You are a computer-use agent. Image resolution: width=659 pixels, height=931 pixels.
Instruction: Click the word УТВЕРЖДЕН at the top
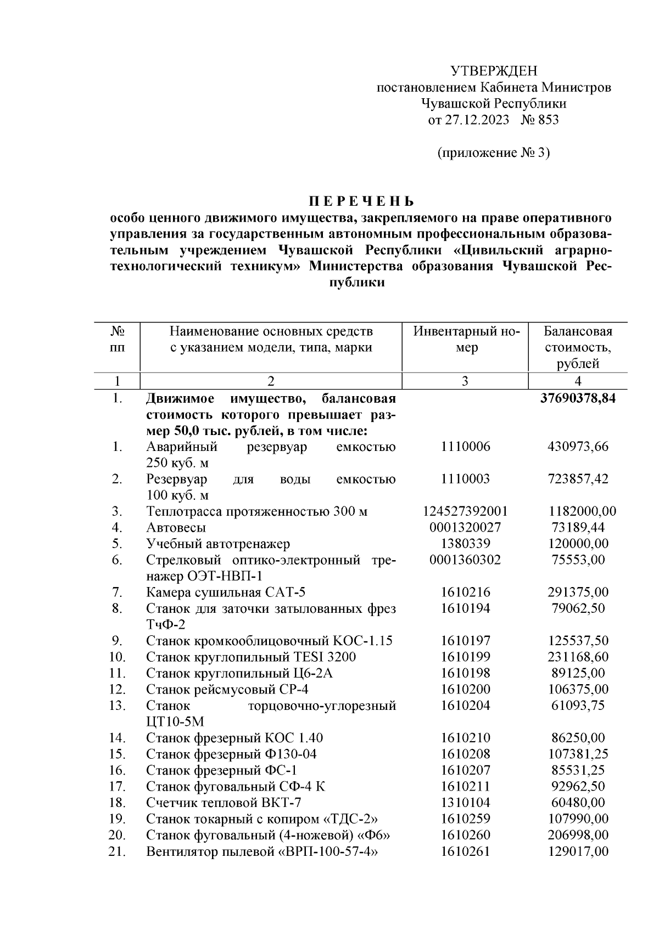493,71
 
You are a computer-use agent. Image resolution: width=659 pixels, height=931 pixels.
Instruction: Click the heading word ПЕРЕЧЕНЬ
361,201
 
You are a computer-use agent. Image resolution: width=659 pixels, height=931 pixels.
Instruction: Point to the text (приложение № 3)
493,153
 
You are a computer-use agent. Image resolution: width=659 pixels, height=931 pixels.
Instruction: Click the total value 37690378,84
578,398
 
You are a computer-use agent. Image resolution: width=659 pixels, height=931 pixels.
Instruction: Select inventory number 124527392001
465,511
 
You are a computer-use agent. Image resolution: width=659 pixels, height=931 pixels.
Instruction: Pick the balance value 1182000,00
582,511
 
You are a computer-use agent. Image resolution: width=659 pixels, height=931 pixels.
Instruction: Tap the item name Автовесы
176,528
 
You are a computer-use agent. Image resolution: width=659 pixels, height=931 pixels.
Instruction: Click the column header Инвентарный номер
466,339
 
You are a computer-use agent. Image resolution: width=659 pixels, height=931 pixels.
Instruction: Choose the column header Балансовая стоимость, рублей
577,347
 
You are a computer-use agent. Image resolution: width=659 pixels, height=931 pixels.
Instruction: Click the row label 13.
117,706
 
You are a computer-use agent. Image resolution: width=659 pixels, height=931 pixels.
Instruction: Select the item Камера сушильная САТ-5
225,593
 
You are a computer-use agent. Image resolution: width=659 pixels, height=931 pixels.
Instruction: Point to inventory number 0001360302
465,560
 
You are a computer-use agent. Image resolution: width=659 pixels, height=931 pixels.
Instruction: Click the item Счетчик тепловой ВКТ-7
224,803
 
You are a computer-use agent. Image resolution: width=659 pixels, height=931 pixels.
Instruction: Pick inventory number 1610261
465,851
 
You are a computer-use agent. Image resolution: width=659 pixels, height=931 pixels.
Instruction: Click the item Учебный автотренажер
218,544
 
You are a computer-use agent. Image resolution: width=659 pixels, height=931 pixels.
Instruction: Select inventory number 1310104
465,803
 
